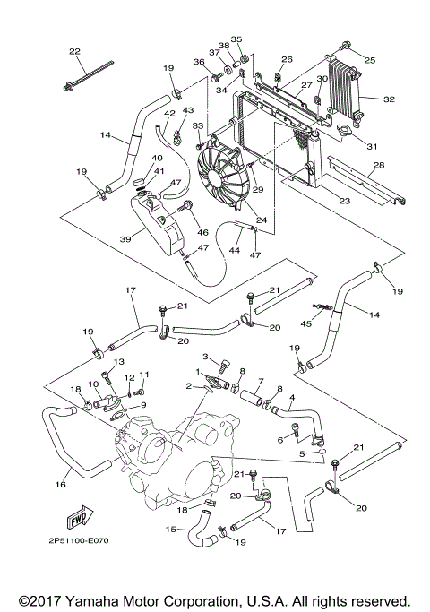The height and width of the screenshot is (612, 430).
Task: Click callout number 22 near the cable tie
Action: click(74, 50)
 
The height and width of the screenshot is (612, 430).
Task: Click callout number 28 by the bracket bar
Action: click(379, 165)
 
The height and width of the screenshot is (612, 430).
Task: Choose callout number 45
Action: click(306, 323)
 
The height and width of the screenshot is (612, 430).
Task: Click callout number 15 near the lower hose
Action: click(170, 528)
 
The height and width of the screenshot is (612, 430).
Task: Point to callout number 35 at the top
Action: click(236, 39)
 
